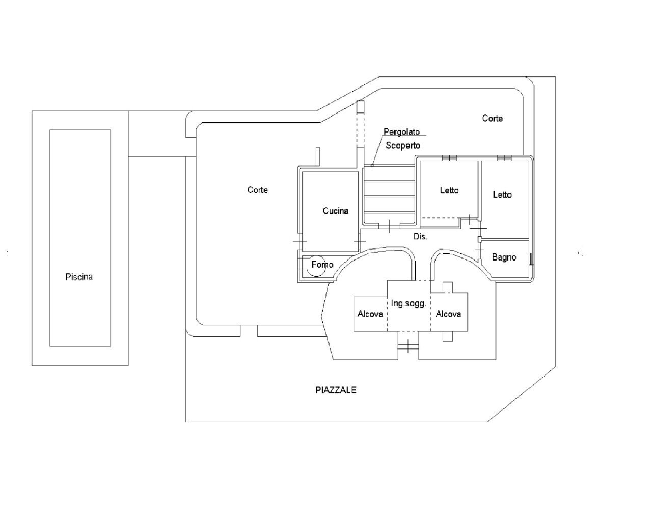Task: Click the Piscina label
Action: (x=79, y=277)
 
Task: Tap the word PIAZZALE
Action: (x=336, y=390)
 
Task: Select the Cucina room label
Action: (x=336, y=211)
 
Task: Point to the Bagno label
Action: (x=504, y=257)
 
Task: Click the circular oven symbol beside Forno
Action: (x=315, y=266)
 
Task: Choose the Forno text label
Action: (x=322, y=265)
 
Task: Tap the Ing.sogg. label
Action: (x=408, y=304)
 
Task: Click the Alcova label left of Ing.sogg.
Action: (x=370, y=314)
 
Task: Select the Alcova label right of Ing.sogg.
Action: (x=448, y=314)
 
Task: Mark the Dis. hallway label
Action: (x=420, y=237)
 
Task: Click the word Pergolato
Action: (x=401, y=132)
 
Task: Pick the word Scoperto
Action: (x=402, y=146)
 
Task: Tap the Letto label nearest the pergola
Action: (x=449, y=190)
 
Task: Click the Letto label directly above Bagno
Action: (x=502, y=195)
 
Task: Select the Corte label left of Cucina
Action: (x=257, y=190)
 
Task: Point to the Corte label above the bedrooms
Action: (x=492, y=119)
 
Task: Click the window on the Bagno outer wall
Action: (x=532, y=258)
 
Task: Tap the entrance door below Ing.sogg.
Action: (x=408, y=348)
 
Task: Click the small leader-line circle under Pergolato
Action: (x=372, y=165)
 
